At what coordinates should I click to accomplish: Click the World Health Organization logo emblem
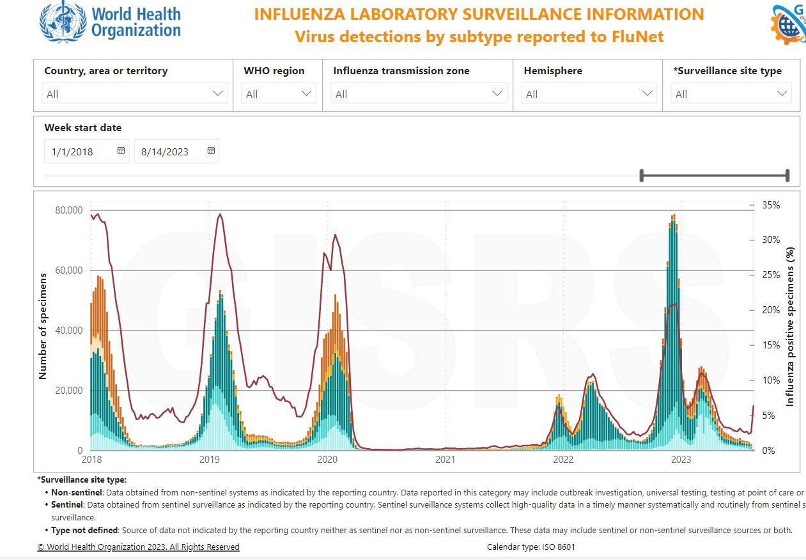pyautogui.click(x=63, y=22)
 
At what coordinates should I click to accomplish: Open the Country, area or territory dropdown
pyautogui.click(x=135, y=94)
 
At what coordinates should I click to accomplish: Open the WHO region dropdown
pyautogui.click(x=279, y=94)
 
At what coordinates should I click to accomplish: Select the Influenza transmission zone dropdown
pyautogui.click(x=419, y=94)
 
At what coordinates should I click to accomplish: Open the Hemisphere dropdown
pyautogui.click(x=589, y=94)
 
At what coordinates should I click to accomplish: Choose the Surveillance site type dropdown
pyautogui.click(x=731, y=94)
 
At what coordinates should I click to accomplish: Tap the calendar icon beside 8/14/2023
pyautogui.click(x=212, y=152)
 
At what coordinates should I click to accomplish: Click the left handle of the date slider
pyautogui.click(x=642, y=175)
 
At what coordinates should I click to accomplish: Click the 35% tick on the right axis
pyautogui.click(x=771, y=205)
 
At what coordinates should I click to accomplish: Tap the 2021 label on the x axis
pyautogui.click(x=446, y=459)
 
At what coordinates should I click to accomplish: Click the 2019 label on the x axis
pyautogui.click(x=210, y=459)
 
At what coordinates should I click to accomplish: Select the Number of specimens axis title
pyautogui.click(x=43, y=326)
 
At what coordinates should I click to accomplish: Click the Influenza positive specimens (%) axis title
pyautogui.click(x=790, y=327)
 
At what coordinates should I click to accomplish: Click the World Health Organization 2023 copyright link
pyautogui.click(x=138, y=547)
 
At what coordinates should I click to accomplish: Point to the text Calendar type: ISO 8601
pyautogui.click(x=532, y=547)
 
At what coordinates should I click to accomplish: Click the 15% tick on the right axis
pyautogui.click(x=771, y=345)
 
